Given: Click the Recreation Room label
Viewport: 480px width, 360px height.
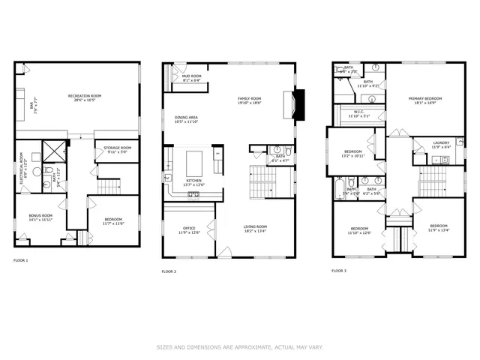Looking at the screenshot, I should point(85,97).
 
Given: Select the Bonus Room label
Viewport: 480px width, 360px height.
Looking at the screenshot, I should point(41,217).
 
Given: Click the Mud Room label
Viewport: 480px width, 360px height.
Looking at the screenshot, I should point(191,77).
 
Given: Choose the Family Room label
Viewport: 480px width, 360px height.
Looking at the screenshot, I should point(250,100).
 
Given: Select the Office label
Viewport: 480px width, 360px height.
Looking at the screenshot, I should point(190,229).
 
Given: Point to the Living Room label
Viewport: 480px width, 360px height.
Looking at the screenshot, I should point(255,228).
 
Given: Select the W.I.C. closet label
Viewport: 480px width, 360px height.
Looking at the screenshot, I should point(358,114).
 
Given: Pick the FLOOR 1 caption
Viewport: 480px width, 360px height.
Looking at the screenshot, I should point(21,260).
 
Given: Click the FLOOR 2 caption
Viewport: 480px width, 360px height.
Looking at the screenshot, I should point(169,271).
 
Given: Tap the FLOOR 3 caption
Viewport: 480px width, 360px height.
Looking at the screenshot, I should point(340,269).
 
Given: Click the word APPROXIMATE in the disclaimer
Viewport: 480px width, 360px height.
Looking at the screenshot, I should point(251,346).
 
